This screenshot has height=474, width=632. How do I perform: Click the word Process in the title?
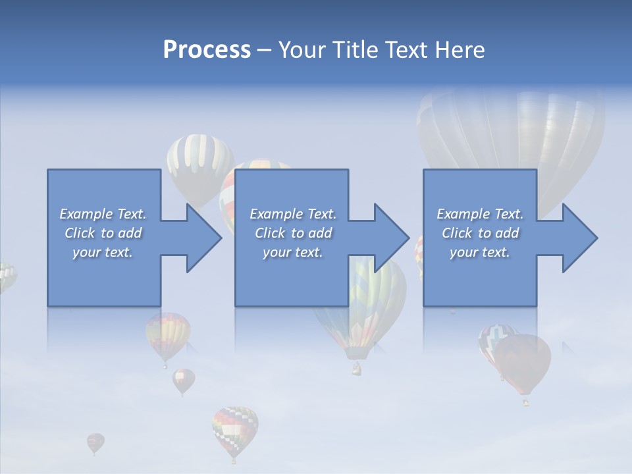tap(207, 50)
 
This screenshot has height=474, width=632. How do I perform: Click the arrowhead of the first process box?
tap(203, 238)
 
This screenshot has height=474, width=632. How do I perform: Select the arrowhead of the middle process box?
tap(391, 238)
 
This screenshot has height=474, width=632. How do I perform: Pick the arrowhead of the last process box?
tap(579, 238)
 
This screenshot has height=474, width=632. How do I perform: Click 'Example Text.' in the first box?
tap(103, 214)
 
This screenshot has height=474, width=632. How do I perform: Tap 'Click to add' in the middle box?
tap(293, 233)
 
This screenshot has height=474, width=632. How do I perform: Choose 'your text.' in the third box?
tap(480, 252)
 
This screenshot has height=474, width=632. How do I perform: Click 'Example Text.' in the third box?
tap(480, 214)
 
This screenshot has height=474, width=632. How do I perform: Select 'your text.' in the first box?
tap(103, 252)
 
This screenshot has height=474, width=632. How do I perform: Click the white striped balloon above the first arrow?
tap(198, 158)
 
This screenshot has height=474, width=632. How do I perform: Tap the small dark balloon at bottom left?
tap(95, 442)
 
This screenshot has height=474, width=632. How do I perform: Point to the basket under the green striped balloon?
tap(356, 368)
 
